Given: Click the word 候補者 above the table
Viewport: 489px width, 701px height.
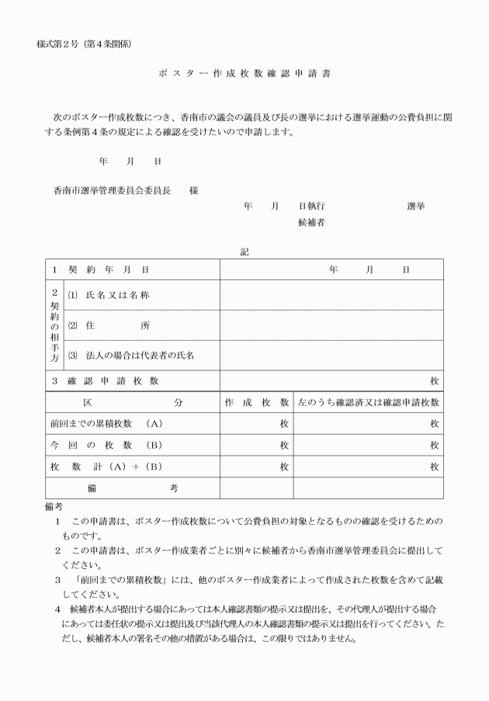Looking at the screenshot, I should coord(311,223).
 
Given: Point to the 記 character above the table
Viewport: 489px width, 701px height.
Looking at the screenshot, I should coord(244,251).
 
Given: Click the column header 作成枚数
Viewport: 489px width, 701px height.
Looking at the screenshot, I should coord(256,403).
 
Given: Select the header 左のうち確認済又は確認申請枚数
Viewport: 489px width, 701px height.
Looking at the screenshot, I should coord(369,403).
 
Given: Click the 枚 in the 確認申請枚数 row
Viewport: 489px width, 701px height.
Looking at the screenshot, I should coord(434,381).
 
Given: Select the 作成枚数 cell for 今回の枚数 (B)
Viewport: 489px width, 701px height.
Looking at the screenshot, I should coord(256,446).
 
